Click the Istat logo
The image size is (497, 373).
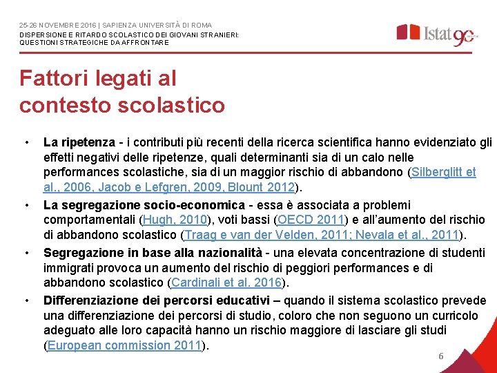435,33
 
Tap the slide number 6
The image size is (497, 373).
440,356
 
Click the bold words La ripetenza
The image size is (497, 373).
75,142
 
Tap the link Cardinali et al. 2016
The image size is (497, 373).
226,283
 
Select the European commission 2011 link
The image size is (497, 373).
124,345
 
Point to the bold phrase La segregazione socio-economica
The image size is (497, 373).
144,205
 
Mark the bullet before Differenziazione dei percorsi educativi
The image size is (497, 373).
26,301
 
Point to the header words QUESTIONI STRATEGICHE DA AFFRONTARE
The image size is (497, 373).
94,42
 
